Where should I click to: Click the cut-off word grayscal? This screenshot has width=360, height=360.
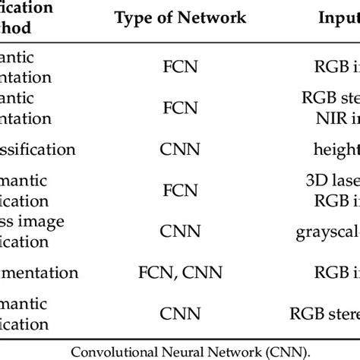(x=328, y=232)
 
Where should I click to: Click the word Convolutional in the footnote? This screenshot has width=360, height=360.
(x=131, y=350)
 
